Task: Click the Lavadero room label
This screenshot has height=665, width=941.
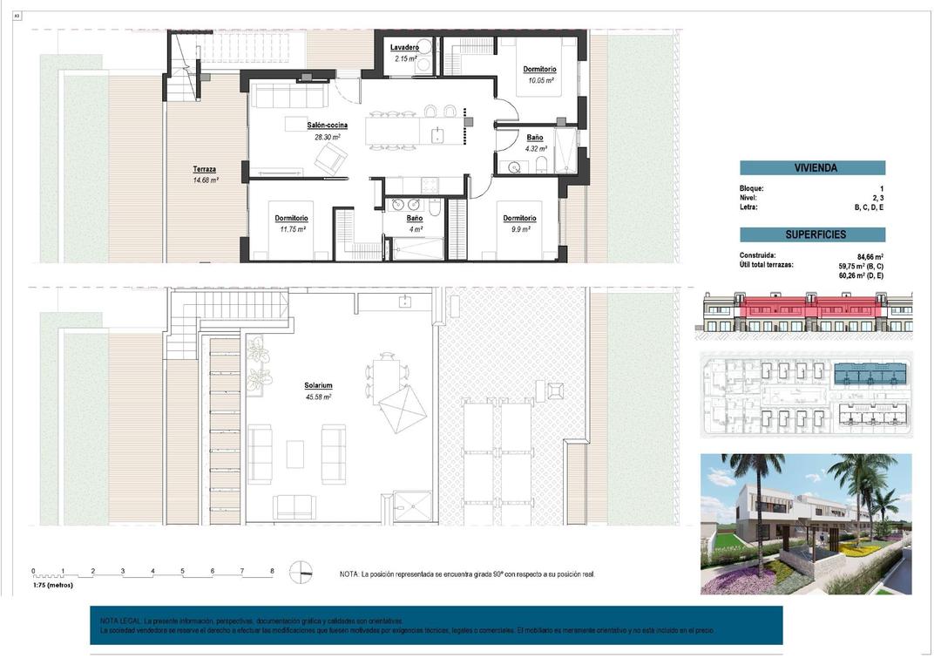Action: pyautogui.click(x=405, y=48)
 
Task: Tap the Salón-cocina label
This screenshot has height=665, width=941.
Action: pyautogui.click(x=327, y=126)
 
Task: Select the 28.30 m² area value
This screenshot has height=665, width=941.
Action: pyautogui.click(x=327, y=137)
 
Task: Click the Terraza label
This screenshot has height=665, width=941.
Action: pyautogui.click(x=205, y=169)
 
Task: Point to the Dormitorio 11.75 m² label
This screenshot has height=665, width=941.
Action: pyautogui.click(x=291, y=218)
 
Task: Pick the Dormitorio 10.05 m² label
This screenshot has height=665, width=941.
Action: pyautogui.click(x=539, y=70)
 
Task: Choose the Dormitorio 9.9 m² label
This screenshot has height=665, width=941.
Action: pyautogui.click(x=518, y=219)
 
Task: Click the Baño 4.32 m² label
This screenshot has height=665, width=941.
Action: pyautogui.click(x=535, y=138)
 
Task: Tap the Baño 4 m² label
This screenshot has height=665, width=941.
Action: pyautogui.click(x=415, y=219)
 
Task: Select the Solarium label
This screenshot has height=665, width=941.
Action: pyautogui.click(x=318, y=385)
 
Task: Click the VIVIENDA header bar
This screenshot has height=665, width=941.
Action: pyautogui.click(x=812, y=168)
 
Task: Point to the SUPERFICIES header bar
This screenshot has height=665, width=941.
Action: pyautogui.click(x=812, y=234)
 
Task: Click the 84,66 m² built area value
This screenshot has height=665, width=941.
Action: pyautogui.click(x=870, y=256)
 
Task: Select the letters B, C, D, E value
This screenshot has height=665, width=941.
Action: pyautogui.click(x=869, y=207)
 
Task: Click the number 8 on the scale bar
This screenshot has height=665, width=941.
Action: pyautogui.click(x=272, y=571)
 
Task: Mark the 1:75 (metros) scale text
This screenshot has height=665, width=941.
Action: pyautogui.click(x=53, y=585)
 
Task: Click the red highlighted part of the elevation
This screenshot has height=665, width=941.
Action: pyautogui.click(x=810, y=307)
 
